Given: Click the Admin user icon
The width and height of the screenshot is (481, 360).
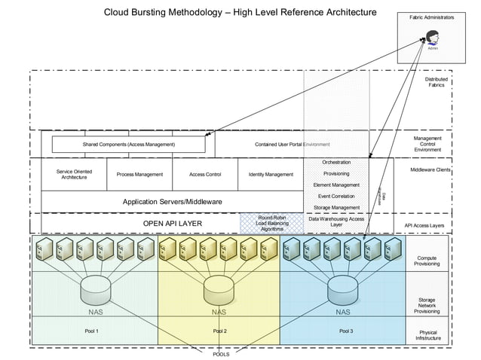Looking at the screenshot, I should tap(433, 37).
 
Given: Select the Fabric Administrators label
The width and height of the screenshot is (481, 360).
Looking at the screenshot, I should tap(431, 16).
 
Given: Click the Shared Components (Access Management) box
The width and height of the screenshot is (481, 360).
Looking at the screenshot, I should tap(128, 144).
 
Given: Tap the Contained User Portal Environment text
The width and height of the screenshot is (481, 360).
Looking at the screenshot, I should tap(293, 144).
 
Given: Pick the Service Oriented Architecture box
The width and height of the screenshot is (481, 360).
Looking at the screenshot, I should tap(74, 174).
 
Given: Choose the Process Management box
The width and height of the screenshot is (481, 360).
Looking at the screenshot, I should tap(139, 174).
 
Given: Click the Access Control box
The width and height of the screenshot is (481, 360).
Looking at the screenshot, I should tap(205, 174).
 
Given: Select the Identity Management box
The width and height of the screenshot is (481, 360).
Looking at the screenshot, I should tap(271, 174).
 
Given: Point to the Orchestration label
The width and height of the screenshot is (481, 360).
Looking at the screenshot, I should tap(336, 162).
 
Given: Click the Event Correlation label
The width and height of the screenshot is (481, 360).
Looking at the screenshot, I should tap(336, 196).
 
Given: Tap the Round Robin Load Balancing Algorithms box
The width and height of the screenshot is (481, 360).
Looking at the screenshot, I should tap(271, 223).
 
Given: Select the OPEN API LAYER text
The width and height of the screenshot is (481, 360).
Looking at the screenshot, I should tap(172, 224).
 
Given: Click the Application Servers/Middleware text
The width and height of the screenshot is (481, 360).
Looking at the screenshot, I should tap(172, 202).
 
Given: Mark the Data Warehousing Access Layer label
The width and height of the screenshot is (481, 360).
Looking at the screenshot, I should tap(336, 221).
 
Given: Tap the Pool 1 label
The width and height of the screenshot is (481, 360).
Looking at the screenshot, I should tap(92, 331).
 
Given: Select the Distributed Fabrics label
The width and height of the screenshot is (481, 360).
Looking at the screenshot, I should tap(436, 82).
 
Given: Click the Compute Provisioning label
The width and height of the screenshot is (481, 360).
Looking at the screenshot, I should tap(426, 261).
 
